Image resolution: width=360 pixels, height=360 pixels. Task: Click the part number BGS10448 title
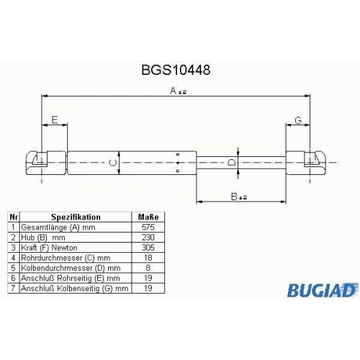[x=176, y=70]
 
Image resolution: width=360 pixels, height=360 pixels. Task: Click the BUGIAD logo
[x=323, y=290]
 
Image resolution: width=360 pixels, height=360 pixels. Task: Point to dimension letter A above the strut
[x=173, y=91]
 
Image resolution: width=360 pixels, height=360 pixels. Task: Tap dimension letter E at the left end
[x=55, y=120]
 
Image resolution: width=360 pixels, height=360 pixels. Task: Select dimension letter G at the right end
[x=298, y=120]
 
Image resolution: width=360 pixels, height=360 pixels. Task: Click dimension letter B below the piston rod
[x=234, y=197]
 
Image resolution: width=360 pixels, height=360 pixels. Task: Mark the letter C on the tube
[x=112, y=163]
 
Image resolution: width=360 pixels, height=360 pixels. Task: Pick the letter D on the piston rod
[x=231, y=163]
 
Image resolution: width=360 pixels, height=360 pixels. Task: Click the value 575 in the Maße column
[x=148, y=227]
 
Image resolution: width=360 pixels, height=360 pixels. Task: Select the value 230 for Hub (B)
[x=148, y=238]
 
